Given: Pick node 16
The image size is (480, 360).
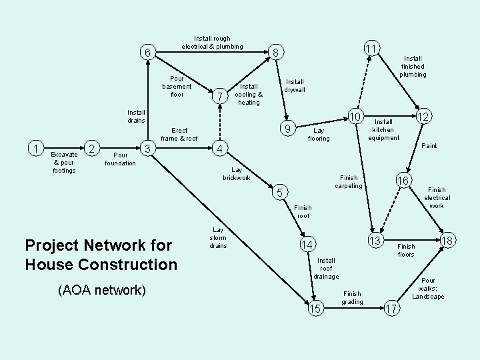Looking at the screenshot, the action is [403, 181].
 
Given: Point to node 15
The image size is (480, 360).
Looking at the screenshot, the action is [316, 308].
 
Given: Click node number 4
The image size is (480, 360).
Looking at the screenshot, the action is [220, 147].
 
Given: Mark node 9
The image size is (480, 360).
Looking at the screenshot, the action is [286, 128].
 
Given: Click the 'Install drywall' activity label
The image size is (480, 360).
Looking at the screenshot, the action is [294, 86].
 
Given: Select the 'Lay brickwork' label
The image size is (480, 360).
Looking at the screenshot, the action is [236, 174].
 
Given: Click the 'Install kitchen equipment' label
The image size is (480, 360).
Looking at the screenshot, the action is [383, 130].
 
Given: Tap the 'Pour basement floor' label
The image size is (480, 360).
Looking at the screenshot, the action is [177, 86].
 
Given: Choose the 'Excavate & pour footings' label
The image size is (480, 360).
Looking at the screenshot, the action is [64, 162].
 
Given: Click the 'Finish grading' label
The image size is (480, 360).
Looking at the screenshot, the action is [352, 297].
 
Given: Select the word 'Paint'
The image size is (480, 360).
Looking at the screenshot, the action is [429, 145].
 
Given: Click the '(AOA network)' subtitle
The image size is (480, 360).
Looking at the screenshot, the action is [101, 289].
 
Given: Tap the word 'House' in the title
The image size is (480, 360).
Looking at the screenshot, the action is [52, 264].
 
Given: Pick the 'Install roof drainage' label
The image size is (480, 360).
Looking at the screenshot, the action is [327, 268].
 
